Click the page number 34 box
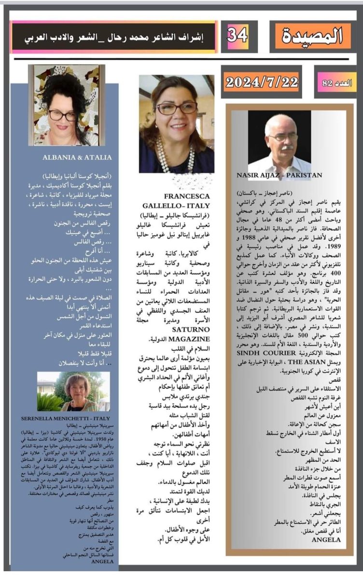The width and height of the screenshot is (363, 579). tap(237, 36)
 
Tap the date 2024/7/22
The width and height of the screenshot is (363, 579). tap(262, 82)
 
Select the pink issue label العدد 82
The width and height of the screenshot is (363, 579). tap(335, 83)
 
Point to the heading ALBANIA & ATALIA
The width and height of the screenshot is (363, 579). tap(77, 157)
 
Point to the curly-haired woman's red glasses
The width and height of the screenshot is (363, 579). tap(62, 115)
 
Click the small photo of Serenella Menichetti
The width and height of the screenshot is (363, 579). tap(73, 391)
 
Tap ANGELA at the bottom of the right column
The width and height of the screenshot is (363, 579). tap(326, 539)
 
